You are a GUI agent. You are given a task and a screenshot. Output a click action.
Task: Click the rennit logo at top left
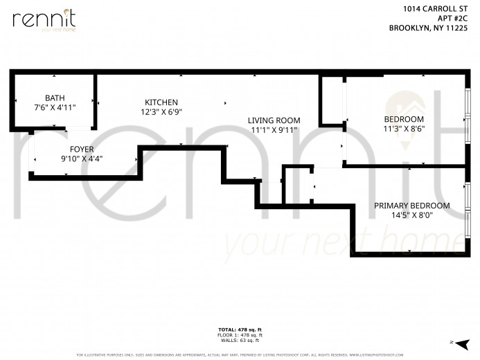point(44,19)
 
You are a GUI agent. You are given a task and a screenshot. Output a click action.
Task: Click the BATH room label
point(55,98)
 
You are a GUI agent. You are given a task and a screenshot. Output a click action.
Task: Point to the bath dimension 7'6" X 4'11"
point(55,107)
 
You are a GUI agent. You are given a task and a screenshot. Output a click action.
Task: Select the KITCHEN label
point(161,102)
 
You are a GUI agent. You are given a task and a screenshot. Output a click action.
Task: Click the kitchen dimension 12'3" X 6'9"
point(161,111)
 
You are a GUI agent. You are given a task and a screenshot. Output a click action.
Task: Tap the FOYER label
point(82,149)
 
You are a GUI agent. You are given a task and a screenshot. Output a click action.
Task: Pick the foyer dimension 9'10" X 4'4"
point(82,159)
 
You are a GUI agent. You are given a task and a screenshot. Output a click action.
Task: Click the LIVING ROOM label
point(274,120)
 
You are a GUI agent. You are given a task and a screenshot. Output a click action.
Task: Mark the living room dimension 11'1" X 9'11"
point(274,130)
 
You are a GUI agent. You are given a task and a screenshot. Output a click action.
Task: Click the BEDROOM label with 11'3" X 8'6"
point(404,118)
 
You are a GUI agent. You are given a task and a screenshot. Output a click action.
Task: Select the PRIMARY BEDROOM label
point(411,206)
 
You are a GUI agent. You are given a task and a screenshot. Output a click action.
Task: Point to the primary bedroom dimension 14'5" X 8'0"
point(411,215)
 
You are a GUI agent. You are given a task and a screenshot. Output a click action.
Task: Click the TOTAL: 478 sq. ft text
point(240,329)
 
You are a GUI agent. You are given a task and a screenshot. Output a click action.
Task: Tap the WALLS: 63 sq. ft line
point(240,340)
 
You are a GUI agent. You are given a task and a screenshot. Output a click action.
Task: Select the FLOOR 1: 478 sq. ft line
point(240,334)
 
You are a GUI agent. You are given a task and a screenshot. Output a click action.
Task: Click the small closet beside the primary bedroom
point(297,186)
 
